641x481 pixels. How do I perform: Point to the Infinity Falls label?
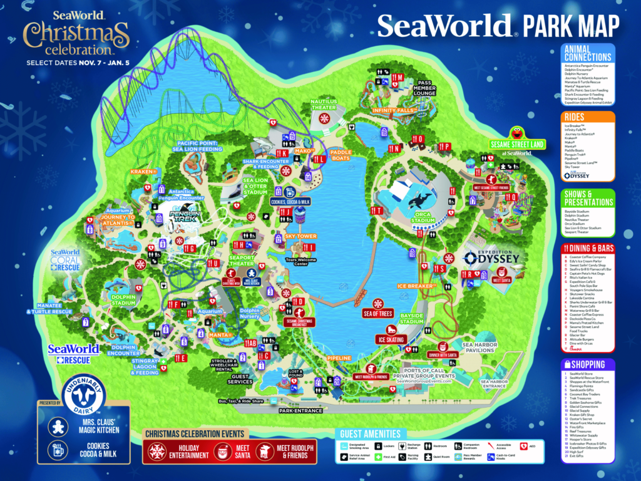(392, 111)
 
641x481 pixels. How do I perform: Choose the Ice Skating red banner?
(391, 339)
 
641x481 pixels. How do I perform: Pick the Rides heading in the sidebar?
(574, 117)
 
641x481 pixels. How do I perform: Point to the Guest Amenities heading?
(369, 433)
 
